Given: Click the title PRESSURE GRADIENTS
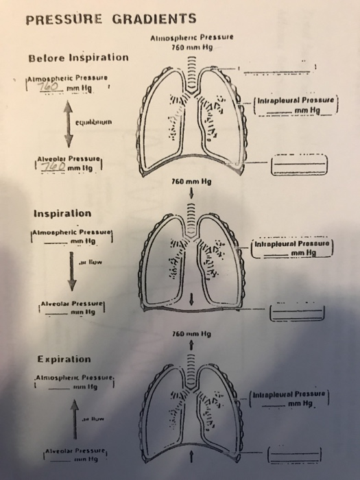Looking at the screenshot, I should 110,19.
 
